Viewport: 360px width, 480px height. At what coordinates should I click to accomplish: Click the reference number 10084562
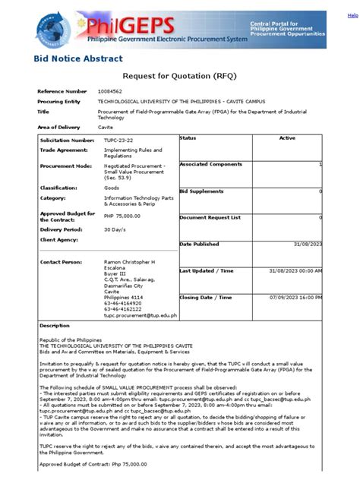[112, 91]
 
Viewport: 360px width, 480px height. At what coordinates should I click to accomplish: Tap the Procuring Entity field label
[58, 101]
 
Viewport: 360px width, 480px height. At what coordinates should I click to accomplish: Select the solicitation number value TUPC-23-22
[119, 141]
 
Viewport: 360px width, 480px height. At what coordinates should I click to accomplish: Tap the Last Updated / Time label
[207, 270]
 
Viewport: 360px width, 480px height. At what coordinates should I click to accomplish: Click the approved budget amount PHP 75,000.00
[124, 216]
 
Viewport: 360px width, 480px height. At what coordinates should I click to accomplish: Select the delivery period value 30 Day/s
[115, 229]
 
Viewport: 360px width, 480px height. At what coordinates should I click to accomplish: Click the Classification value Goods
[112, 187]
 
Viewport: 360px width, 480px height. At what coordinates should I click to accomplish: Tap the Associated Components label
[212, 164]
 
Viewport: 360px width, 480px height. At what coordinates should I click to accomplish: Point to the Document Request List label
[210, 217]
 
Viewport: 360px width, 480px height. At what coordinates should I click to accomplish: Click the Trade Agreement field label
[64, 150]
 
